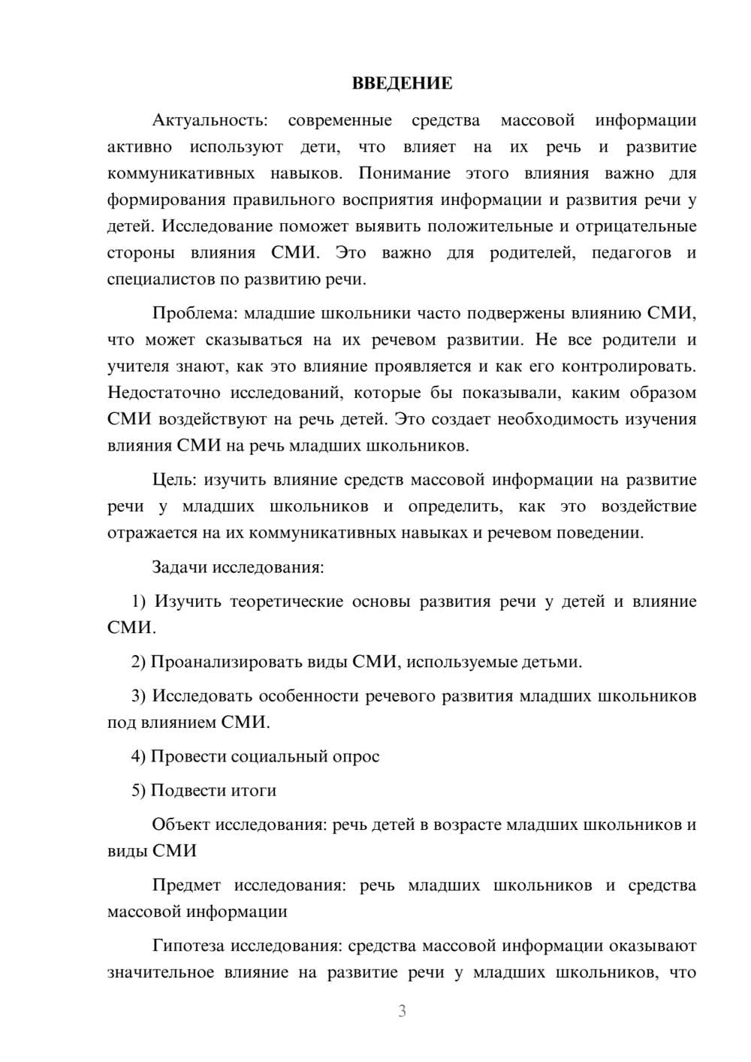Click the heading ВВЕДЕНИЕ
pyautogui.click(x=402, y=83)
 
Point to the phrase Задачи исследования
pyautogui.click(x=237, y=567)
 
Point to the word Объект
pyautogui.click(x=181, y=825)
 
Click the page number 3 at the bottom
pyautogui.click(x=402, y=1011)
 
